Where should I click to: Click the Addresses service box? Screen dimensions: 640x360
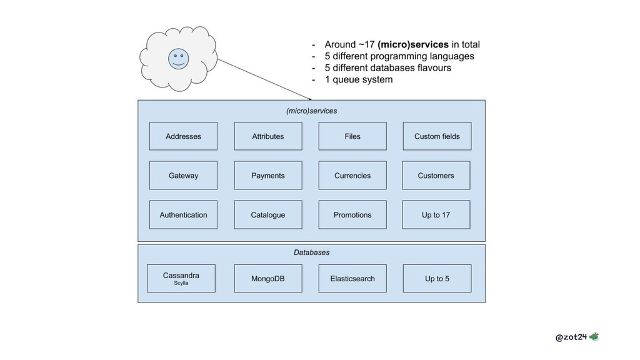click(x=183, y=136)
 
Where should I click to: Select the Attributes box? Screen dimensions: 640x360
click(x=268, y=136)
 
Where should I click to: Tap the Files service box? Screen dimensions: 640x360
click(x=352, y=136)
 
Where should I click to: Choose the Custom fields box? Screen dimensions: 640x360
click(x=437, y=136)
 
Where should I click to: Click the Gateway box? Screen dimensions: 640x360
click(x=183, y=175)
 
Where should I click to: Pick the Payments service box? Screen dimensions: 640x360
click(x=268, y=175)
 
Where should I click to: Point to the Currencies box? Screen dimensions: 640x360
click(x=352, y=175)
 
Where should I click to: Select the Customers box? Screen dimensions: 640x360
click(x=436, y=175)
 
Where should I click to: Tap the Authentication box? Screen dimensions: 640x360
click(x=183, y=215)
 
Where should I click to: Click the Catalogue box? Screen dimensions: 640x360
click(x=268, y=215)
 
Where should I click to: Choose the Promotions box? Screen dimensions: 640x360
click(x=352, y=215)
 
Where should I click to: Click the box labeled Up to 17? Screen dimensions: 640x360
click(x=436, y=215)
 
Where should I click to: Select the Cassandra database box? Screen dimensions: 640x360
click(x=181, y=278)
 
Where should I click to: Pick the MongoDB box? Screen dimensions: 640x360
click(x=268, y=278)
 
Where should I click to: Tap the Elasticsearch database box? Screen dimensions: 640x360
click(x=352, y=278)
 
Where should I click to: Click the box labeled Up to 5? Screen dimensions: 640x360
click(x=437, y=278)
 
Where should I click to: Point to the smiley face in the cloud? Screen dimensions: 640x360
click(x=178, y=59)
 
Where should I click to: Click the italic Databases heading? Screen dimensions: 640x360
click(x=311, y=252)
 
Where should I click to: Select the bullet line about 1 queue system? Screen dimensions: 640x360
click(x=352, y=79)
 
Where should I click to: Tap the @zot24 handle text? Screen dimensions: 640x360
click(x=571, y=337)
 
